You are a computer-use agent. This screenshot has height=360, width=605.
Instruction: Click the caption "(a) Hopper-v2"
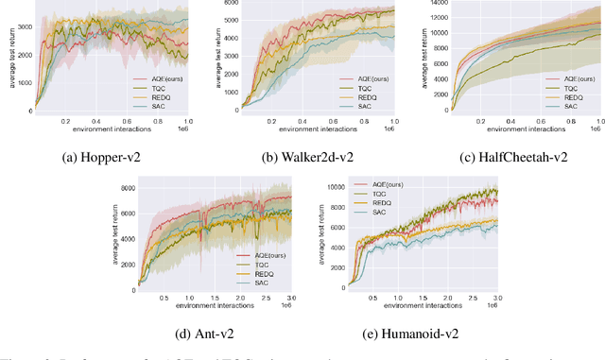coord(105,157)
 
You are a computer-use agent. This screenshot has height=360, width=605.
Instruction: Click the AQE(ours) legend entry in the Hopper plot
coord(157,82)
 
